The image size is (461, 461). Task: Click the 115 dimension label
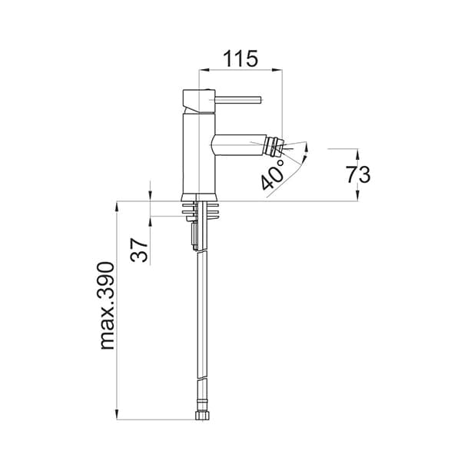240,58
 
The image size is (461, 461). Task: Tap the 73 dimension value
358,174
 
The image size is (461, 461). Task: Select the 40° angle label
273,174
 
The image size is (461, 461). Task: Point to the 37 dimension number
139,250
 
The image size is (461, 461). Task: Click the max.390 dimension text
107,306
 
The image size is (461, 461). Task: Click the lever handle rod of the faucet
238,100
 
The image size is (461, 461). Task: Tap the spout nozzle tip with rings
274,146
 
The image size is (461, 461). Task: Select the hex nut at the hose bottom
202,415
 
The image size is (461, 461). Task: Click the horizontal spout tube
240,145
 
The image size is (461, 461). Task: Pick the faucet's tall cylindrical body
199,154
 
